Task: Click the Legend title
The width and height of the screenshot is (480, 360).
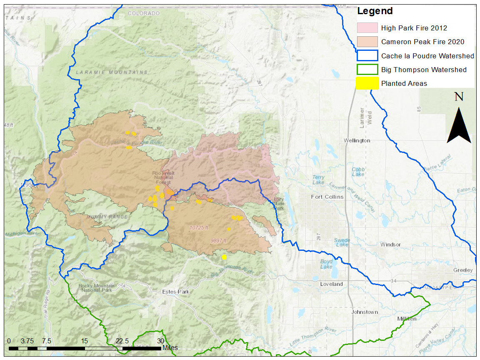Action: click(375, 11)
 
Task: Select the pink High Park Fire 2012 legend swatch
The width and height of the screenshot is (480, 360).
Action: click(367, 28)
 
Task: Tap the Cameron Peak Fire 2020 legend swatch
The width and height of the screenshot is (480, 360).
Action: click(367, 42)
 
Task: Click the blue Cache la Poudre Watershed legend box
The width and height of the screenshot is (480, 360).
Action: click(367, 56)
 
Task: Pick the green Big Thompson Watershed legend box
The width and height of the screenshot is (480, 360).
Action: click(367, 70)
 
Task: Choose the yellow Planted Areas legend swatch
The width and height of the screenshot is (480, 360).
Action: click(367, 83)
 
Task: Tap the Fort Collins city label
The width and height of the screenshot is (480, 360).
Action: click(327, 197)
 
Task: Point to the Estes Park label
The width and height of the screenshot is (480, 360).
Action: click(176, 292)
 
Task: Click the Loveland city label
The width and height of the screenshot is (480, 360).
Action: click(331, 284)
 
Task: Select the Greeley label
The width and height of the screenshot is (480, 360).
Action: click(463, 270)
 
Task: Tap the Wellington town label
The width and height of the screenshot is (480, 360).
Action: click(357, 140)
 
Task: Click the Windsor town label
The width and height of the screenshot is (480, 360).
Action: click(390, 245)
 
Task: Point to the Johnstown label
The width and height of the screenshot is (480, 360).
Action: click(365, 312)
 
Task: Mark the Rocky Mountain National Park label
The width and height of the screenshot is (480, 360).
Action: click(96, 288)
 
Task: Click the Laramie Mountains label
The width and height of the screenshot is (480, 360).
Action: click(112, 72)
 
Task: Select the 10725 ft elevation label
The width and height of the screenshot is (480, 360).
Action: click(199, 228)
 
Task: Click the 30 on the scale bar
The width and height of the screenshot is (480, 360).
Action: click(160, 340)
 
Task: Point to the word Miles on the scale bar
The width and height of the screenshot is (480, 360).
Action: click(170, 347)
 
